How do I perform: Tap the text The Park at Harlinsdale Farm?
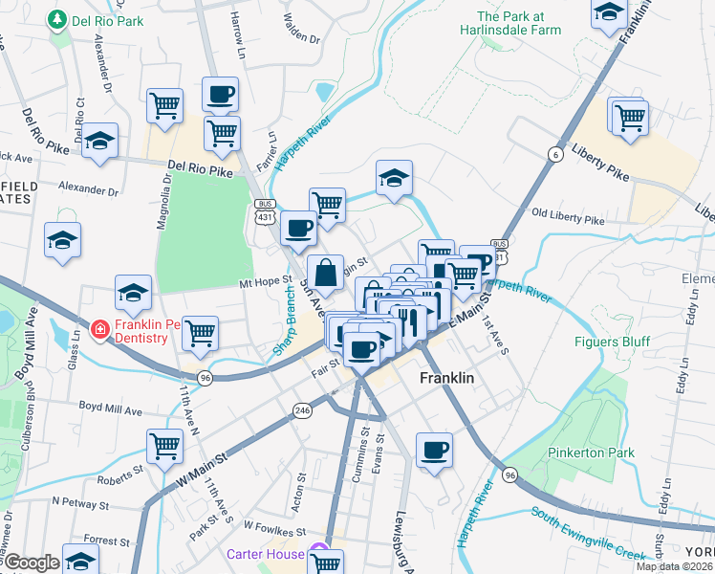pyautogui.click(x=523, y=24)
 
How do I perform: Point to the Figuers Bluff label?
pyautogui.click(x=612, y=342)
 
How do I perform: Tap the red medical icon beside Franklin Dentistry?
pyautogui.click(x=98, y=330)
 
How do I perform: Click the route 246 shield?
pyautogui.click(x=303, y=409)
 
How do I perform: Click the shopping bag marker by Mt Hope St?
pyautogui.click(x=325, y=272)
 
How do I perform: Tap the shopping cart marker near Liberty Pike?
pyautogui.click(x=631, y=118)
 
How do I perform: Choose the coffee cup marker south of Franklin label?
pyautogui.click(x=435, y=450)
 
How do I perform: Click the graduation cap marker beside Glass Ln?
pyautogui.click(x=134, y=292)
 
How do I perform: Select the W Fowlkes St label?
pyautogui.click(x=273, y=526)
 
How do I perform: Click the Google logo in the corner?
pyautogui.click(x=31, y=563)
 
